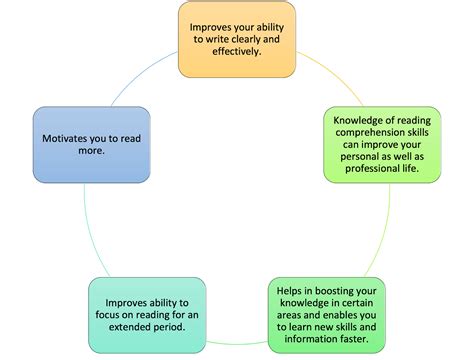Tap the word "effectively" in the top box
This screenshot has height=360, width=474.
click(x=220, y=52)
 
